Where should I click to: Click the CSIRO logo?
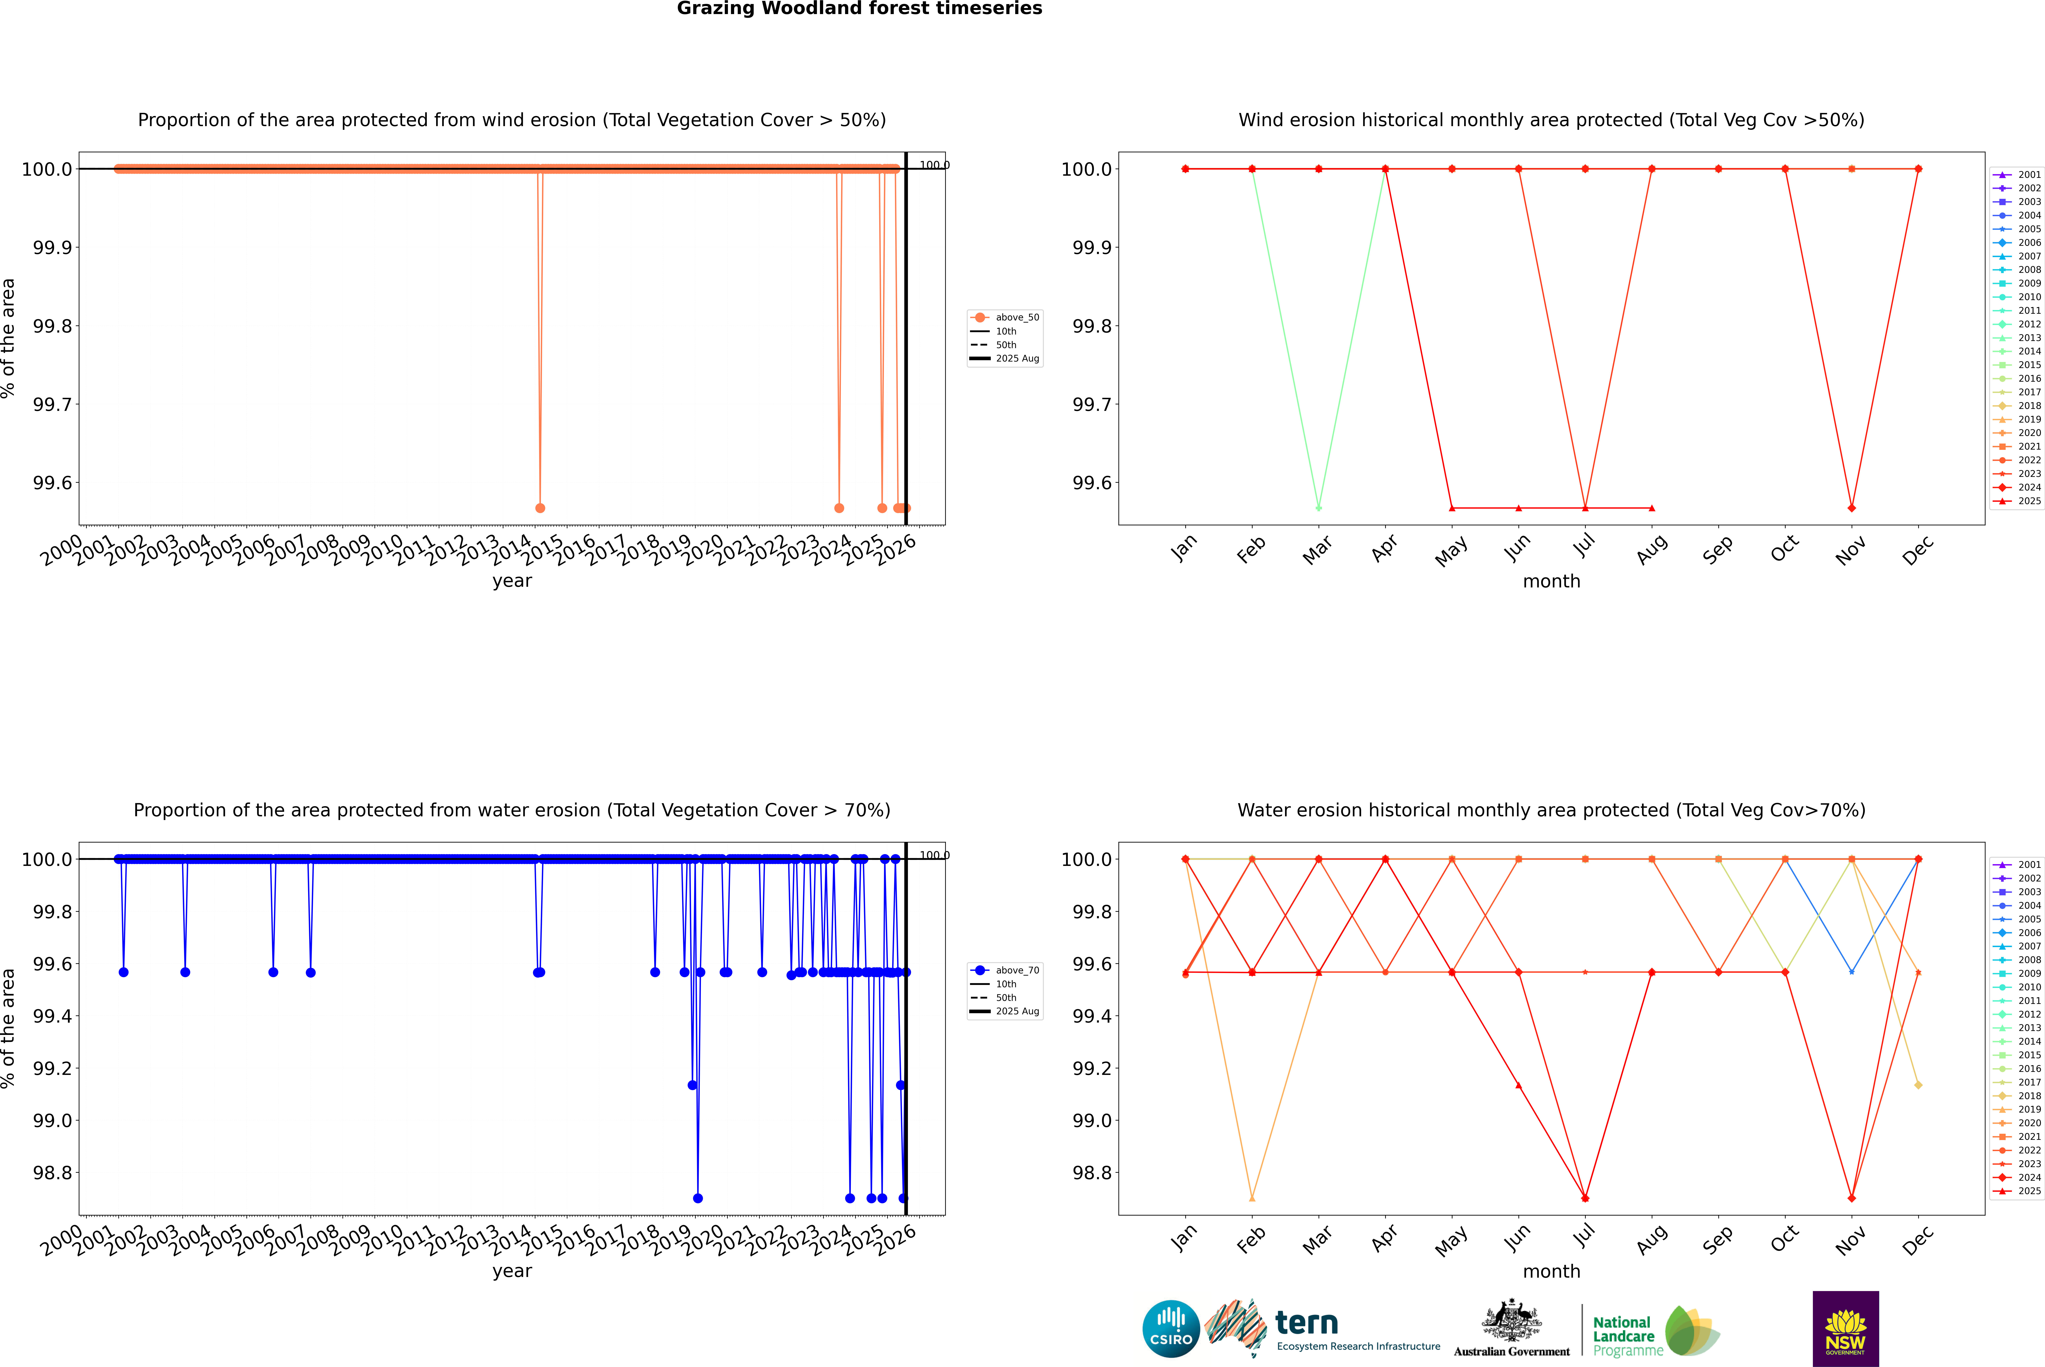tap(1171, 1329)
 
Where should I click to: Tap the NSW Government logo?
tap(1845, 1329)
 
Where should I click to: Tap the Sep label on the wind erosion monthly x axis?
tap(1717, 549)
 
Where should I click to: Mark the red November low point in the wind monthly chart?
tap(1851, 507)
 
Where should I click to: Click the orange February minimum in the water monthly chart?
tap(1252, 1198)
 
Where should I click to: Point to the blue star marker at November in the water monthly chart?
tap(1851, 971)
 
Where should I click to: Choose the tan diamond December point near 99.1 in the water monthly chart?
tap(1918, 1084)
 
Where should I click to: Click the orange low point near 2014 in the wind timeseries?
tap(540, 507)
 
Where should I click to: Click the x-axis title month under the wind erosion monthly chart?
tap(1551, 582)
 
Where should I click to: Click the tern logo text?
tap(1306, 1324)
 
